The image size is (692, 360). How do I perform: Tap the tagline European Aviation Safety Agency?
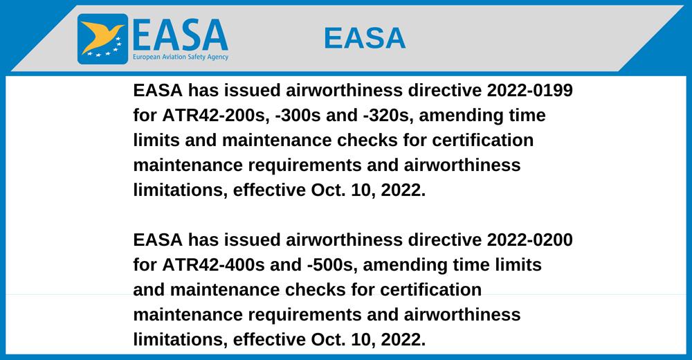point(181,57)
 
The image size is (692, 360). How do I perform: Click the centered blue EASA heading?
point(365,38)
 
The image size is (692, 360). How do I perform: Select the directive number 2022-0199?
point(529,90)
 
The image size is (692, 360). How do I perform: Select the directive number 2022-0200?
point(529,240)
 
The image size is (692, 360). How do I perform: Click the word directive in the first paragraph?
point(445,90)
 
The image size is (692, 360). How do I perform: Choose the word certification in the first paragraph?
point(483,140)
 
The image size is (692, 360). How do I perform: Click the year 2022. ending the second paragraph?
point(403,340)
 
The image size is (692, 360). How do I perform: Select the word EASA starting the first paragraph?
point(158,90)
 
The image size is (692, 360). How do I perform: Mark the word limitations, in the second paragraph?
point(181,340)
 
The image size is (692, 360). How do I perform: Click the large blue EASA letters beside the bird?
point(181,35)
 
